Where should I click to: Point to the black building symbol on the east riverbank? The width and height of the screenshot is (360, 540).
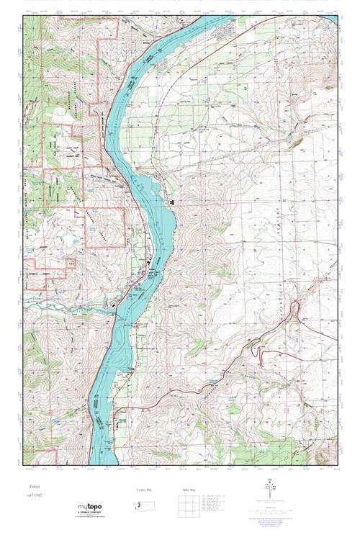[x=171, y=204]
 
